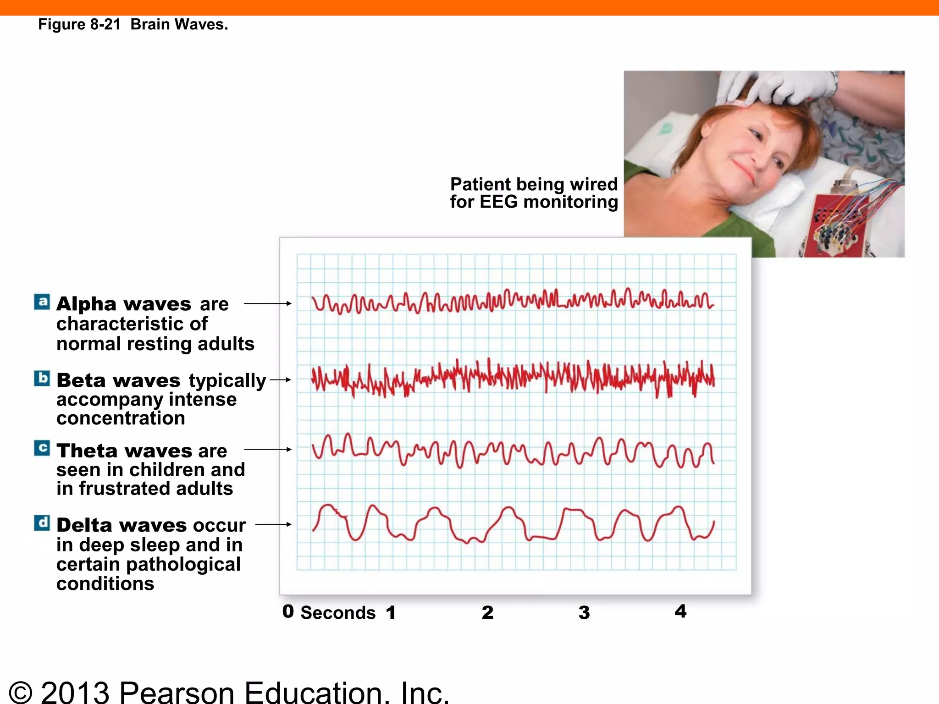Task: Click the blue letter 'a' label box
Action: (42, 302)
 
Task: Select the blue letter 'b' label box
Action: (42, 379)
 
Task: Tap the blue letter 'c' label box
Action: (42, 448)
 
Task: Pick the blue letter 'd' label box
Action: (42, 523)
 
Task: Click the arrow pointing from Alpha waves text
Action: (267, 303)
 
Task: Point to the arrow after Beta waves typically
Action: (280, 379)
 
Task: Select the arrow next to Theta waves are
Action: (267, 449)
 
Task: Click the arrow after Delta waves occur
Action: (273, 524)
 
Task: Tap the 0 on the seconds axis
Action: (288, 611)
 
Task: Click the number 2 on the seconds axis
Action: (487, 613)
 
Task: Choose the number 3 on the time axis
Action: (584, 613)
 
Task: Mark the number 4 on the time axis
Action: (681, 611)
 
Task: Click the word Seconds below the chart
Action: (338, 613)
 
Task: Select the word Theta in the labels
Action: (87, 451)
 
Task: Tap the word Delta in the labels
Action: (85, 525)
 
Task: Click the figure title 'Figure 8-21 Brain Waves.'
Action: (133, 24)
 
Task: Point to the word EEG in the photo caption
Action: (498, 202)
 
